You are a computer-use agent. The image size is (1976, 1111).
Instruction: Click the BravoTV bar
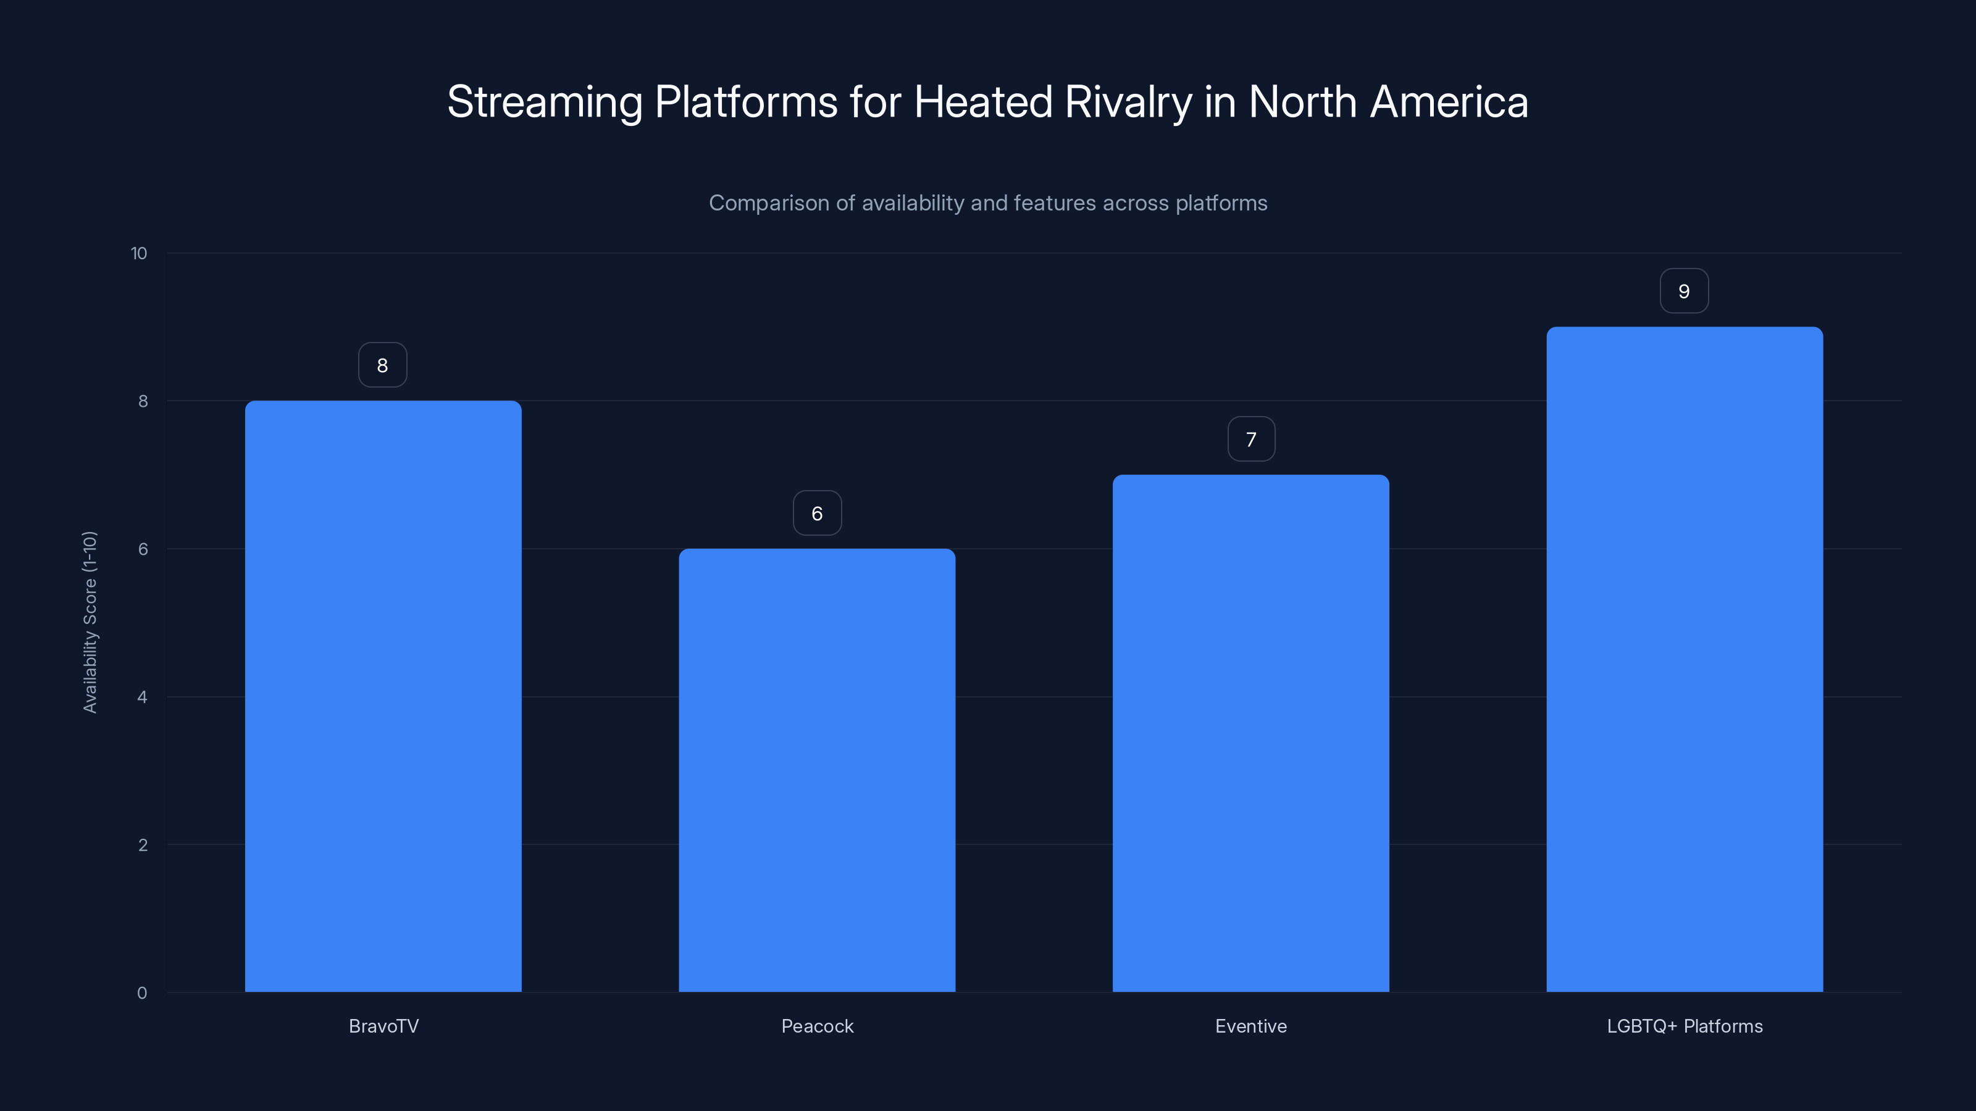pyautogui.click(x=383, y=696)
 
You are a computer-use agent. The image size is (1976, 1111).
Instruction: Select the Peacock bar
pyautogui.click(x=817, y=770)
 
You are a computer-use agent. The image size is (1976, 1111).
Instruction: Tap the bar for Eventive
pyautogui.click(x=1250, y=733)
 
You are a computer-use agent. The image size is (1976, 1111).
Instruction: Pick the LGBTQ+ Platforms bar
pyautogui.click(x=1685, y=659)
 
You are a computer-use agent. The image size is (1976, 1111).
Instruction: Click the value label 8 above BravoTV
pyautogui.click(x=383, y=365)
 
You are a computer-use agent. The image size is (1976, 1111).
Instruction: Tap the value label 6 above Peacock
pyautogui.click(x=817, y=513)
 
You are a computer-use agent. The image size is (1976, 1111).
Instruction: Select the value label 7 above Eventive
pyautogui.click(x=1251, y=439)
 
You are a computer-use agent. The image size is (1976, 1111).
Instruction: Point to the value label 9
pyautogui.click(x=1684, y=291)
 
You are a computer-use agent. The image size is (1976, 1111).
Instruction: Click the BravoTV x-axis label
pyautogui.click(x=383, y=1026)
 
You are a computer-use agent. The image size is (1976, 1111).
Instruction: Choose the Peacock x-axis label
pyautogui.click(x=817, y=1026)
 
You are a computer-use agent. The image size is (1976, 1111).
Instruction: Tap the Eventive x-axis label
pyautogui.click(x=1250, y=1026)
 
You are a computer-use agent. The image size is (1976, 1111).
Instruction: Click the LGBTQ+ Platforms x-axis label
pyautogui.click(x=1685, y=1026)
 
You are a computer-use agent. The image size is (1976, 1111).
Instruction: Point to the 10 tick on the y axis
pyautogui.click(x=139, y=253)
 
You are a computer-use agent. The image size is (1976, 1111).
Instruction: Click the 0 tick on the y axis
pyautogui.click(x=142, y=993)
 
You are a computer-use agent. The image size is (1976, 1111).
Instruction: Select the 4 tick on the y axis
pyautogui.click(x=142, y=697)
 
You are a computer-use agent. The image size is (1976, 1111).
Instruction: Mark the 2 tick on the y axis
pyautogui.click(x=142, y=845)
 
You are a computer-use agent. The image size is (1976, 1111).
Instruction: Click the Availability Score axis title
pyautogui.click(x=90, y=622)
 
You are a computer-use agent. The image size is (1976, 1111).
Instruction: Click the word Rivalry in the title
pyautogui.click(x=1128, y=102)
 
